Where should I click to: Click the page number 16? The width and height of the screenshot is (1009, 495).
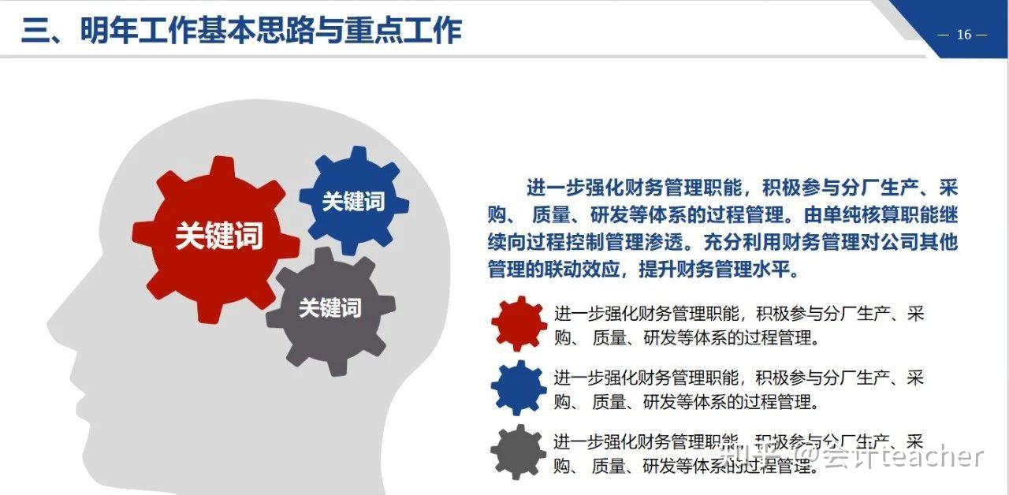tap(963, 35)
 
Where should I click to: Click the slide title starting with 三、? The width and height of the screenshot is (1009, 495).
tap(241, 31)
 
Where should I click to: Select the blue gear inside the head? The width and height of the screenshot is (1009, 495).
tap(353, 200)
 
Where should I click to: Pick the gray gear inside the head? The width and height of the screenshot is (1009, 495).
tap(330, 310)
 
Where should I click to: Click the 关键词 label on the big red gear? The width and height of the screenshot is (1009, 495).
tap(218, 236)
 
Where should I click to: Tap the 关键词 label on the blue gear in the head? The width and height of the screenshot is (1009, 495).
tap(353, 202)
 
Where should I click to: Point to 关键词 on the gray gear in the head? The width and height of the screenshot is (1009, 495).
tap(330, 308)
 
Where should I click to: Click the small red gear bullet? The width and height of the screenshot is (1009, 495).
tap(518, 324)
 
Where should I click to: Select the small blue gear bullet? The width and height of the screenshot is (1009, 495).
tap(518, 387)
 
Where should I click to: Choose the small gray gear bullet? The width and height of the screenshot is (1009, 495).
tap(518, 452)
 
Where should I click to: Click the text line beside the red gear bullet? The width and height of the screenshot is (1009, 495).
tap(738, 314)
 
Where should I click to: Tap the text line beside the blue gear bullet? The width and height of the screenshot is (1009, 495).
tap(738, 378)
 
